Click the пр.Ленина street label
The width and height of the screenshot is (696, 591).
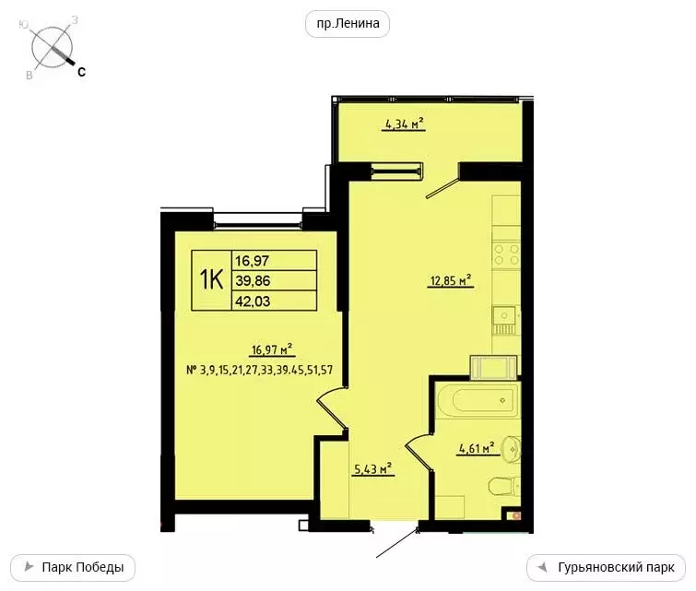[x=348, y=24]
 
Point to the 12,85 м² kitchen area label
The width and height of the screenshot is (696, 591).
[x=450, y=281]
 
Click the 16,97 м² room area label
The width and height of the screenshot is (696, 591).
[x=271, y=349]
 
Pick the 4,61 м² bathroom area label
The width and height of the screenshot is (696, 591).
[x=477, y=449]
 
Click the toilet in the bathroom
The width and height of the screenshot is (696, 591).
[x=503, y=487]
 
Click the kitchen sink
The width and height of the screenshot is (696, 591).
[x=503, y=319]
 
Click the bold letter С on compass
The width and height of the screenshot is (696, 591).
[x=81, y=71]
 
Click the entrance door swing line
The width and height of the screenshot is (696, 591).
[x=397, y=543]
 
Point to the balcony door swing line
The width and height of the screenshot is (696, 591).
[x=442, y=185]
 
